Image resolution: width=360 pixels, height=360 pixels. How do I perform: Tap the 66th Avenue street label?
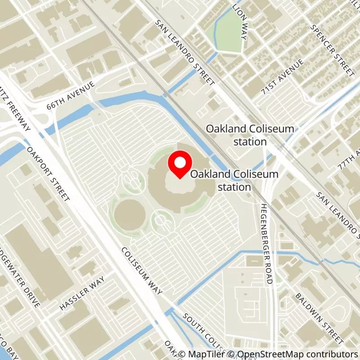pos(71,96)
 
